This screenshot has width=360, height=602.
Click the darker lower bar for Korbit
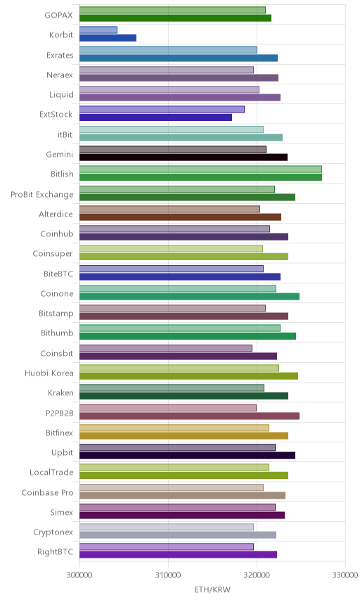pos(108,38)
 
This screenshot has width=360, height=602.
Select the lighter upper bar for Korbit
pos(98,30)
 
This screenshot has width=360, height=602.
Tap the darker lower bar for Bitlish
pos(200,177)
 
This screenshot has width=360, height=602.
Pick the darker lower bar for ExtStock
pos(156,117)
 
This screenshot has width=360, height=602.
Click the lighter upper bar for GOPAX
pos(172,10)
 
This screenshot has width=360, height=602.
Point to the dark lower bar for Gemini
pos(184,157)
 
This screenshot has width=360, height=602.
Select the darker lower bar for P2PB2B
pos(190,416)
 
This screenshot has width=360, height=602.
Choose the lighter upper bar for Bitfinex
pos(174,428)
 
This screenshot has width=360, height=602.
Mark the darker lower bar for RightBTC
pos(178,554)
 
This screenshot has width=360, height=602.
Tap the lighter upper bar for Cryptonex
pos(167,527)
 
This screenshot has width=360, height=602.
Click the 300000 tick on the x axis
pos(80,575)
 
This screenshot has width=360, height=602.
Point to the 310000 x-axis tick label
pos(168,575)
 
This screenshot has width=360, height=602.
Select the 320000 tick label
pos(257,575)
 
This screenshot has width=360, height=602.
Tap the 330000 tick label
pos(345,575)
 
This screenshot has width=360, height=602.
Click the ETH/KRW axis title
pos(212,590)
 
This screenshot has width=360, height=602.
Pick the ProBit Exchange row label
pos(41,194)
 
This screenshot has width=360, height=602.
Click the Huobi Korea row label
pos(49,373)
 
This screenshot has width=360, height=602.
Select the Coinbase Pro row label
pos(47,492)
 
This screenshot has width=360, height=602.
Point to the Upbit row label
pos(62,453)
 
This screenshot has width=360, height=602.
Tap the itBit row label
pos(65,135)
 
